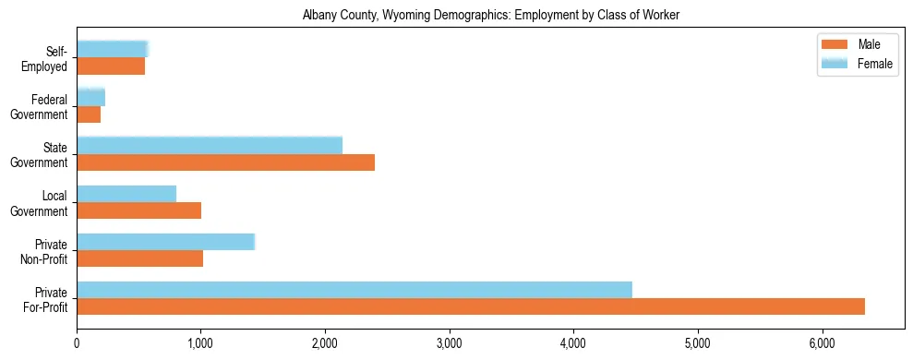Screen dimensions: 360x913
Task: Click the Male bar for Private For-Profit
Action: click(x=471, y=306)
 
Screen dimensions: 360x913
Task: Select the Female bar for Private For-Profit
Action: click(x=354, y=290)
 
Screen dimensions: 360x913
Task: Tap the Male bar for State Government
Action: click(x=225, y=162)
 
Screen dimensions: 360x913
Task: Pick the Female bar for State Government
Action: click(x=210, y=146)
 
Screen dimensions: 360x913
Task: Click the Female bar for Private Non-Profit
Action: click(x=165, y=242)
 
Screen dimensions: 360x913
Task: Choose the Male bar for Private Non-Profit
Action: click(x=139, y=258)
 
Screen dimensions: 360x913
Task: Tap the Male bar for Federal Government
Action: click(x=89, y=114)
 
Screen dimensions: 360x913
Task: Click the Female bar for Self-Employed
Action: click(x=112, y=49)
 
